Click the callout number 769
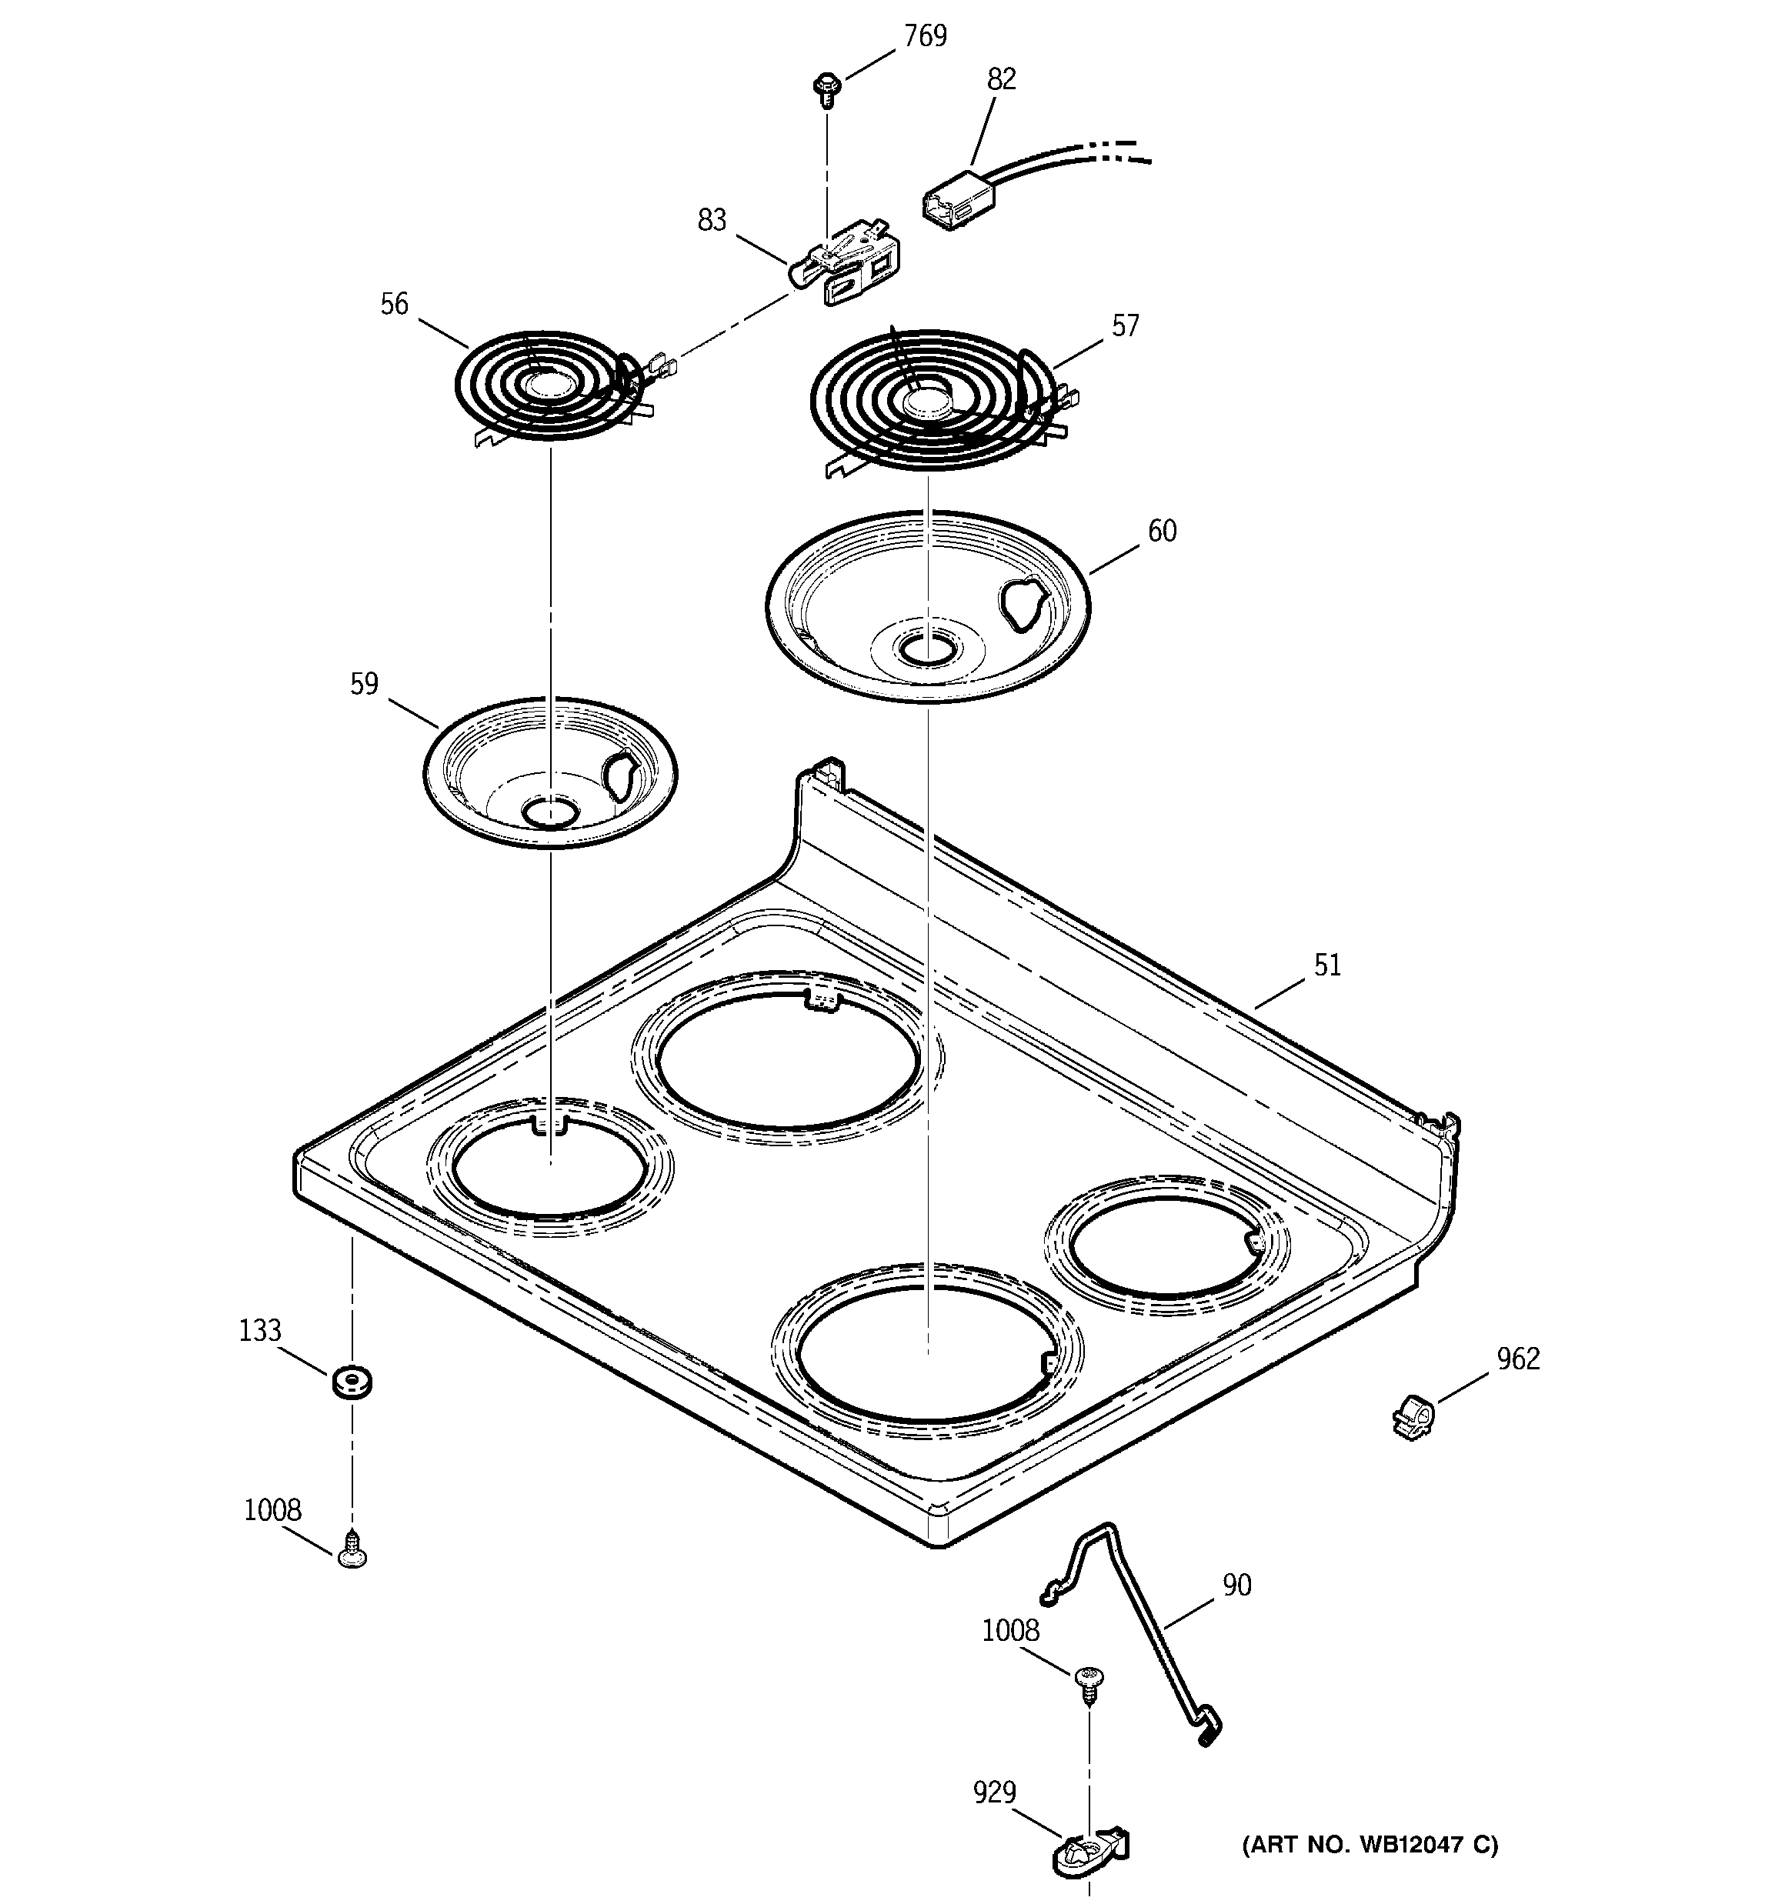coord(925,36)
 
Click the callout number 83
coord(712,222)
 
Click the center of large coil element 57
coord(926,400)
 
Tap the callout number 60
coord(1161,532)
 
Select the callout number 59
coord(364,684)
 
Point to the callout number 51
coord(1327,965)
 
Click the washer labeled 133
coord(352,1382)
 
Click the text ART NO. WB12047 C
coord(1370,1845)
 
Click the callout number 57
coord(1125,327)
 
